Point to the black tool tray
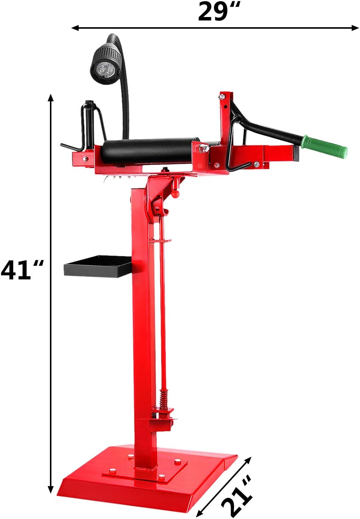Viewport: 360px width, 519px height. click(98, 266)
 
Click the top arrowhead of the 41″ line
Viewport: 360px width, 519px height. click(51, 98)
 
